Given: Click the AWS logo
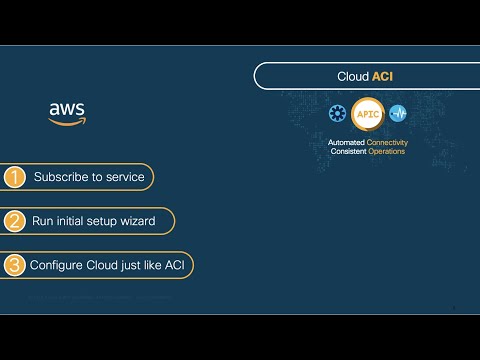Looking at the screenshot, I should [67, 112].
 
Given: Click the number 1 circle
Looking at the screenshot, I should [14, 178].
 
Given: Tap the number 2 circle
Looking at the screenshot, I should [14, 221].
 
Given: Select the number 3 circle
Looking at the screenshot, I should [14, 265].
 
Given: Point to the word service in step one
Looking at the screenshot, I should [125, 178].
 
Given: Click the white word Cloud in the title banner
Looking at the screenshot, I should [353, 76].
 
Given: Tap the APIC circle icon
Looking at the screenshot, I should [368, 114].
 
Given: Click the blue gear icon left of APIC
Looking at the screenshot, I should [338, 114].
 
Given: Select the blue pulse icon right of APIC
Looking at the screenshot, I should [398, 114].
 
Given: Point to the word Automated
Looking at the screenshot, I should [347, 143].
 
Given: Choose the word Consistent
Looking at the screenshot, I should [350, 151].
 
